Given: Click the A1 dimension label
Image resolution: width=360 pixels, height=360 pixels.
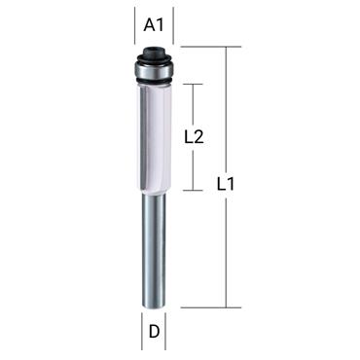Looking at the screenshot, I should point(153,26).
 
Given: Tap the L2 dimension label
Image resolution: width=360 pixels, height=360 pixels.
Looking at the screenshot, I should point(193,137).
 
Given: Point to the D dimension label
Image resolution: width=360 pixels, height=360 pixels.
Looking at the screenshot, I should point(153,332).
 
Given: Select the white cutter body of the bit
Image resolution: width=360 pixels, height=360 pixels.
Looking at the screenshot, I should point(152,136).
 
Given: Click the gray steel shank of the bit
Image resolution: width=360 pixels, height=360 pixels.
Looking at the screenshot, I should point(153,248).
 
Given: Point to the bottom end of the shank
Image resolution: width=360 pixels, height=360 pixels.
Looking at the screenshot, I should point(153,306).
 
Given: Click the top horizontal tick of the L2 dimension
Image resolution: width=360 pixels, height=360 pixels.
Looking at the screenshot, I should point(193,84).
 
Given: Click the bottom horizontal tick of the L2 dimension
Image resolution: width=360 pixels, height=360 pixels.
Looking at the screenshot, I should point(193,191).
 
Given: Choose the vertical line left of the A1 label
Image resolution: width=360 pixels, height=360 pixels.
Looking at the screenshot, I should point(134,27).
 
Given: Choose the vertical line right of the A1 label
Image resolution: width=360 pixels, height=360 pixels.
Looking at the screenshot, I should point(172,27).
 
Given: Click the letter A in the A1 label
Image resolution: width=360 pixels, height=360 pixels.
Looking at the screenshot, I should point(148,26).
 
